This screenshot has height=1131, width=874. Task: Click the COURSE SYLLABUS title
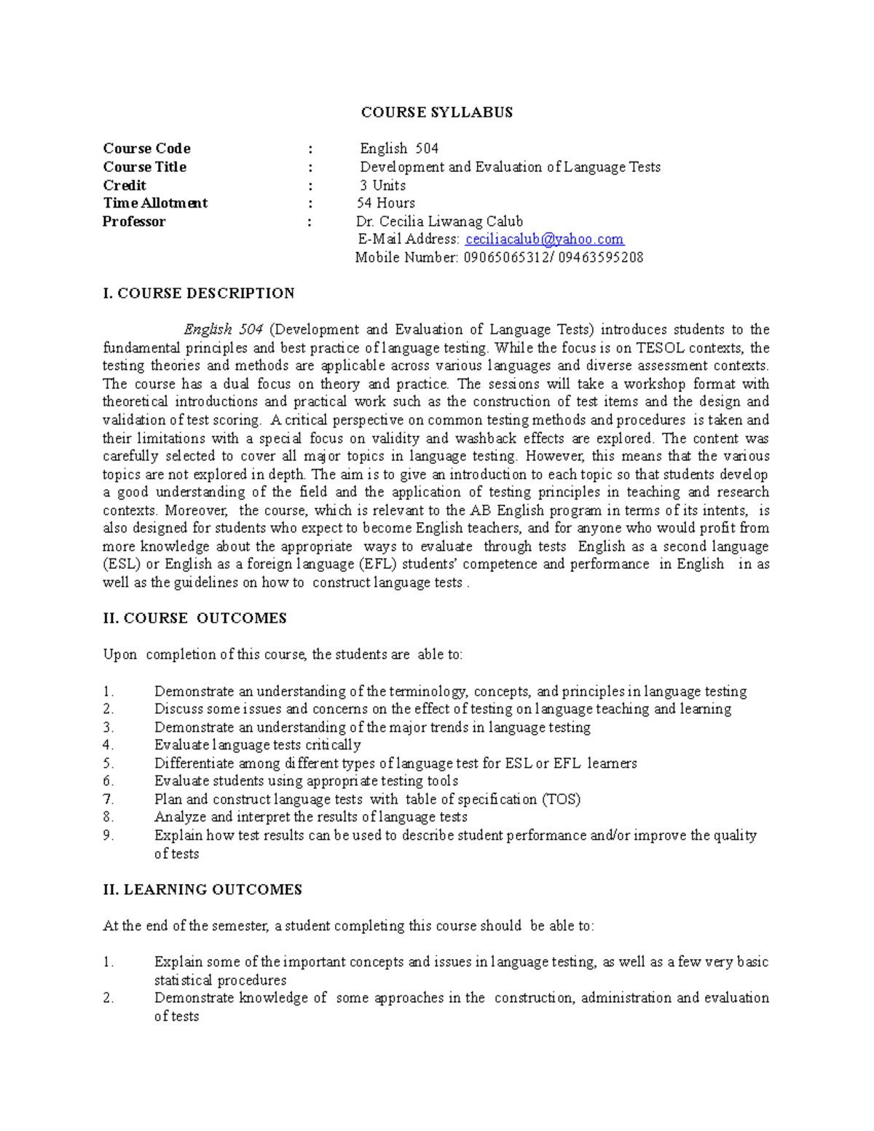pos(436,112)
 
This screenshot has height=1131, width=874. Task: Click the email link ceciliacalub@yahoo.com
pos(544,239)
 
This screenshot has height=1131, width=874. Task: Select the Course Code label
pos(146,149)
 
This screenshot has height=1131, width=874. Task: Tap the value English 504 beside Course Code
pos(399,149)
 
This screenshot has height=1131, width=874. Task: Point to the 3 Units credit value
pos(382,185)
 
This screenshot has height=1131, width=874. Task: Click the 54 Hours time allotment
pos(386,203)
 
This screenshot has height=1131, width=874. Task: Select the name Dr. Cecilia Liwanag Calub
pos(439,221)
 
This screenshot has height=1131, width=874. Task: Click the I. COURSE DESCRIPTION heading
pos(199,293)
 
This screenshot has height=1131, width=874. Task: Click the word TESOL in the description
pos(660,347)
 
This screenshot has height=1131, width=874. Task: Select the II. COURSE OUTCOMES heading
pos(194,618)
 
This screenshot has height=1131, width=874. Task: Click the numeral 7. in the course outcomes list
pos(109,799)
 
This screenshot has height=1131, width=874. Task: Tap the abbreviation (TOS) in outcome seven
pos(561,799)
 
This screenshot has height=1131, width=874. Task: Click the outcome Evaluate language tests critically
pos(257,745)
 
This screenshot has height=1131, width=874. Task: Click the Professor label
pos(134,221)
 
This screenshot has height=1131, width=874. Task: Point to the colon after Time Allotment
pos(311,203)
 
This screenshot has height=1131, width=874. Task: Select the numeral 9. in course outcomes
pos(109,835)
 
